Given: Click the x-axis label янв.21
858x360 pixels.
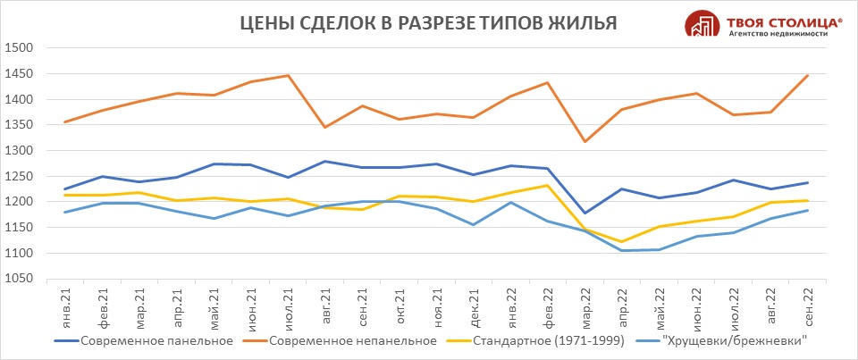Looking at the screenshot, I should (63, 306).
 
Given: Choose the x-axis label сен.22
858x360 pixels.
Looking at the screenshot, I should (807, 306).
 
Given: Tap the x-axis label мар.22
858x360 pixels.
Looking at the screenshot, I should (585, 306).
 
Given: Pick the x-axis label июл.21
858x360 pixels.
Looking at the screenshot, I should (287, 306).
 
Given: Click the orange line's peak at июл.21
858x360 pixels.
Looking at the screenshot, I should (287, 75).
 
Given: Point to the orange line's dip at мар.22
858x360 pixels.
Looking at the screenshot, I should (585, 141).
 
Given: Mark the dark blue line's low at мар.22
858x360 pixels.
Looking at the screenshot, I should (585, 213).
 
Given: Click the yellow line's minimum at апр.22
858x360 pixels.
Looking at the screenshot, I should (622, 241).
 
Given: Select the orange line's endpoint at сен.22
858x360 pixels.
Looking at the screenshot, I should (807, 75).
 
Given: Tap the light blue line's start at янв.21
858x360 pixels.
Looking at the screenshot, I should (64, 212).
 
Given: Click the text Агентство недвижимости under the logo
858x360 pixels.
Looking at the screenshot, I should (778, 32).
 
